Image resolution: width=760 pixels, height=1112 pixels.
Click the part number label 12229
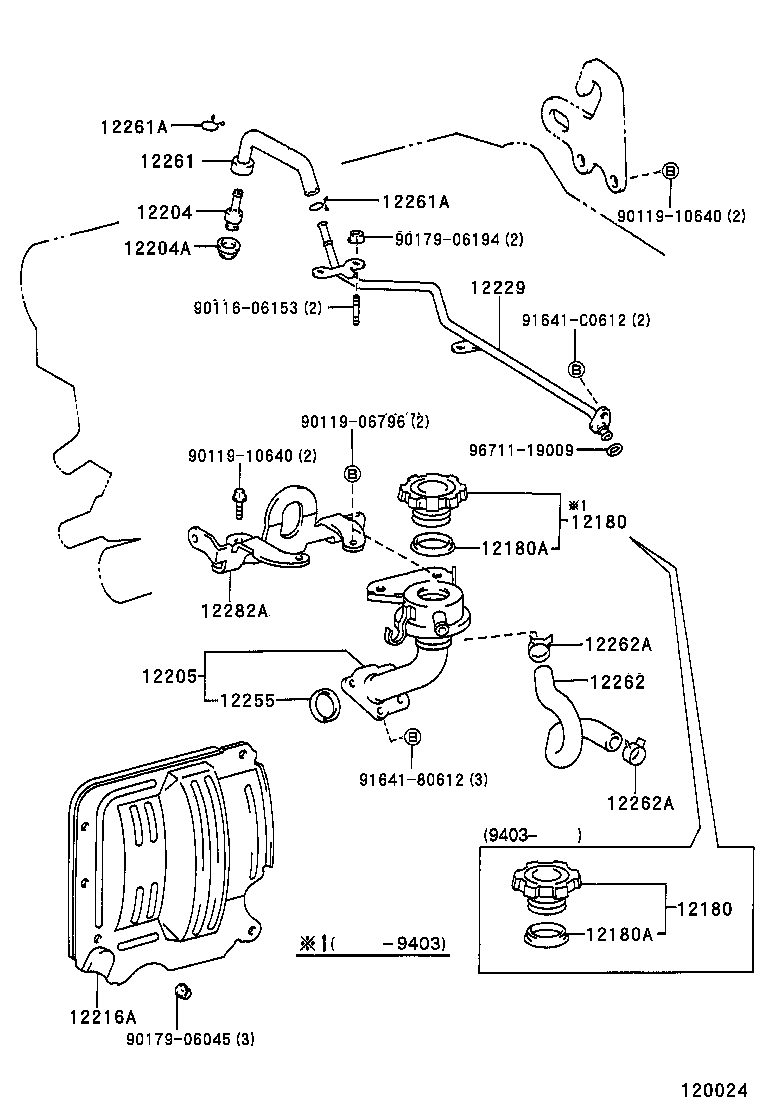pyautogui.click(x=497, y=288)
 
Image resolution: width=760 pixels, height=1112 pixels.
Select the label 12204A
pyautogui.click(x=156, y=247)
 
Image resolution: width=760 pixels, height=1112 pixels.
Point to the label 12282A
pyautogui.click(x=235, y=610)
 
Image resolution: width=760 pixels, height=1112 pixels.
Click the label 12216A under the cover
pyautogui.click(x=102, y=1017)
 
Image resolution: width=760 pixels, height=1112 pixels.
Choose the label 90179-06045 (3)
pyautogui.click(x=190, y=1039)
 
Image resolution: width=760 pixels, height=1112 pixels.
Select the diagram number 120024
pyautogui.click(x=715, y=1091)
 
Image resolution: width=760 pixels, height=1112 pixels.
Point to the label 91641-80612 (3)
pyautogui.click(x=423, y=780)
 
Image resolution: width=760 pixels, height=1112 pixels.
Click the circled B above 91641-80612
pyautogui.click(x=412, y=738)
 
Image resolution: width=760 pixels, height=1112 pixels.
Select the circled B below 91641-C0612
pyautogui.click(x=576, y=369)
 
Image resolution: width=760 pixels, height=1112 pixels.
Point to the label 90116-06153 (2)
pyautogui.click(x=257, y=308)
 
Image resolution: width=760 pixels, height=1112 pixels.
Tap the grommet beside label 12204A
pyautogui.click(x=233, y=246)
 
